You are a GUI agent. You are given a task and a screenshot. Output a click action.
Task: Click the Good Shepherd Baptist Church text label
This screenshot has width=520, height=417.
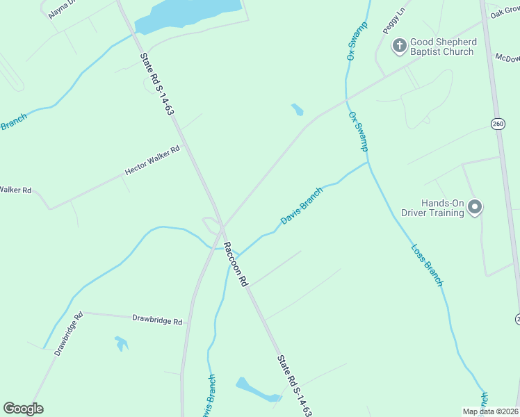point(444,47)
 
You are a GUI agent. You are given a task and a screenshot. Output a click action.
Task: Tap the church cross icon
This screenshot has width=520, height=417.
point(400,47)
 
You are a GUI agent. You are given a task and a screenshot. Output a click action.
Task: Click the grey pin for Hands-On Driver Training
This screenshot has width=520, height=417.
point(476,206)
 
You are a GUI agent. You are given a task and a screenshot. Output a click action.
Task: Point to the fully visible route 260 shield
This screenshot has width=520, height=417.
point(498,124)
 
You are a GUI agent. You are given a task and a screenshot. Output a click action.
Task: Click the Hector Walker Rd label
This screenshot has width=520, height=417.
point(152,160)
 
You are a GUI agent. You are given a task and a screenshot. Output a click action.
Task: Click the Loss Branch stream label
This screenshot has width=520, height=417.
point(427,264)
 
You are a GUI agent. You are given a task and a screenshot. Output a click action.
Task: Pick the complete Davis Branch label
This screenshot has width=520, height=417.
point(302,206)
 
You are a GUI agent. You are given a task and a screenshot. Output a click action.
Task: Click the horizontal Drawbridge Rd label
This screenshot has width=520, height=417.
point(157,321)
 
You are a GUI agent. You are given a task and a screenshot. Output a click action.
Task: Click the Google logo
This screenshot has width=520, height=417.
point(23,409)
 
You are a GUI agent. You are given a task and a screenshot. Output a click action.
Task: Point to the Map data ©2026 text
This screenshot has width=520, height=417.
point(491,411)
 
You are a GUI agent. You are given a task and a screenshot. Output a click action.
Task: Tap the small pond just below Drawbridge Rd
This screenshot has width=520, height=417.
point(122,343)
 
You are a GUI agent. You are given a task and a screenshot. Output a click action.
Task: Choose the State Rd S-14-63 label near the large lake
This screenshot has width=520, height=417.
point(156,84)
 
